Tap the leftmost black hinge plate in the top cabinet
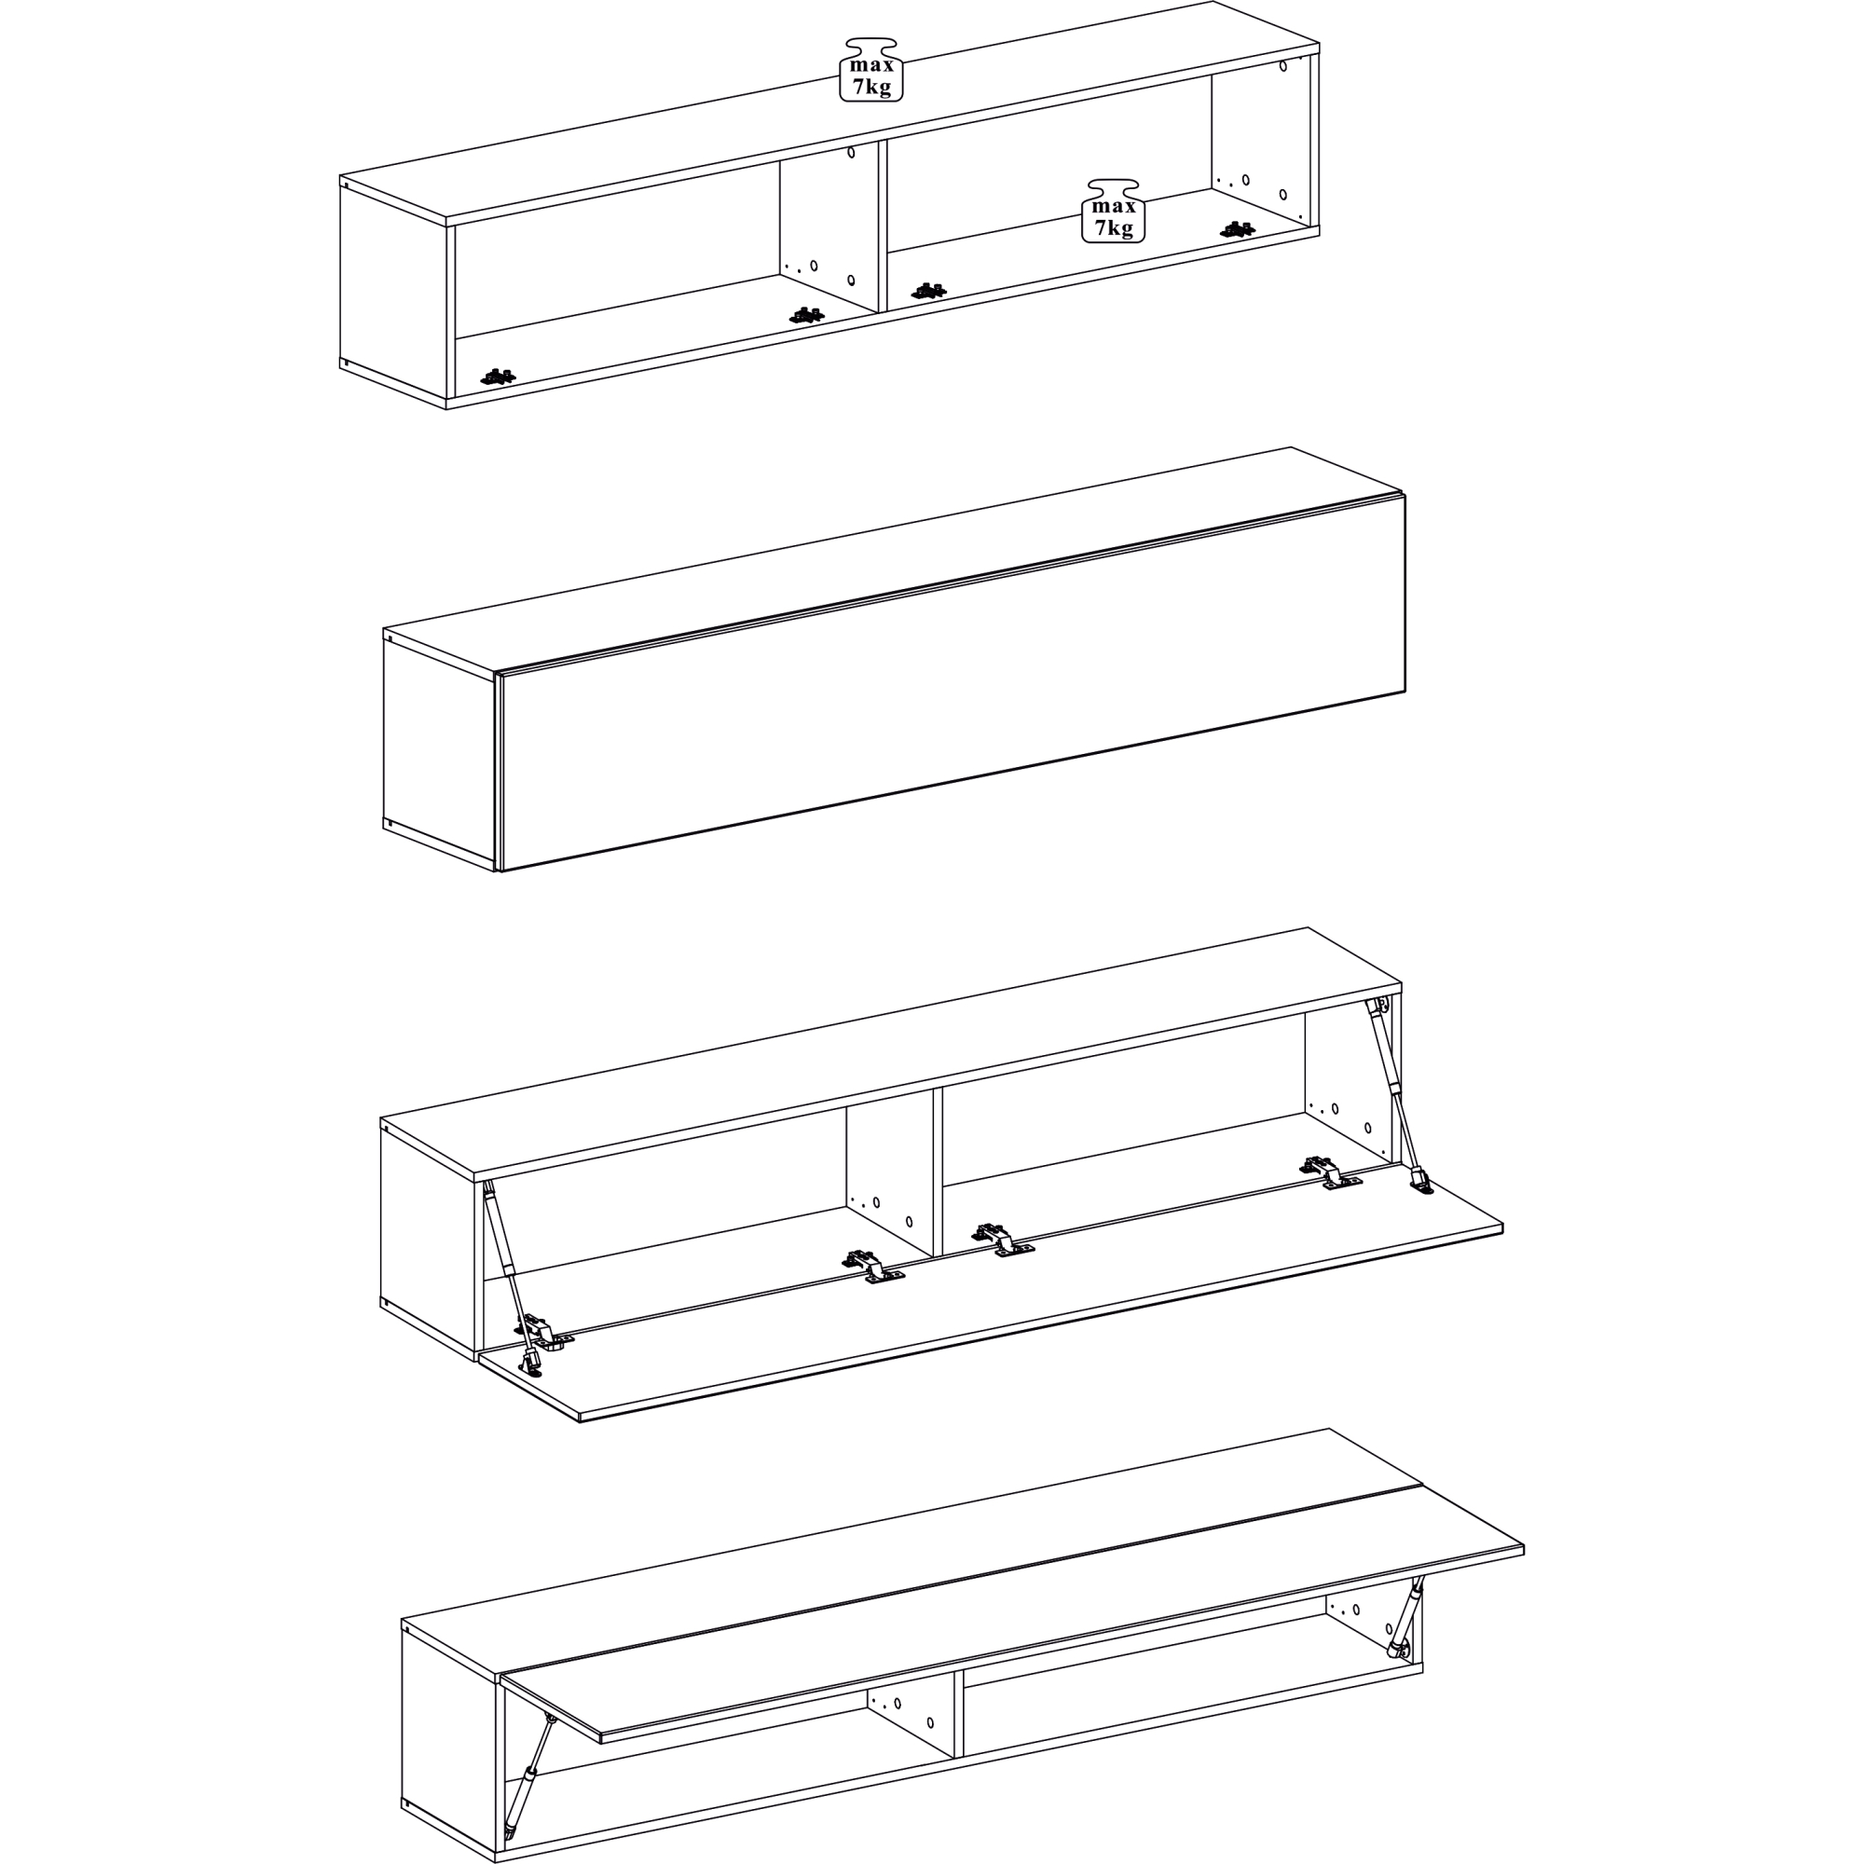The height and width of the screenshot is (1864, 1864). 498,377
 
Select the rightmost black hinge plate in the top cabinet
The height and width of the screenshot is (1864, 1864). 1237,229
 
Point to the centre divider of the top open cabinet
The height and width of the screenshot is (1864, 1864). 882,226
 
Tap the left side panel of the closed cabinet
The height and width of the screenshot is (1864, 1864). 439,750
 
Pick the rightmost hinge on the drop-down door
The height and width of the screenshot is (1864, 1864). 1332,1172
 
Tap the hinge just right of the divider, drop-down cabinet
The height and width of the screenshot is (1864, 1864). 1004,1240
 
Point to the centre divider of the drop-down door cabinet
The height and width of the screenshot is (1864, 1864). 938,1173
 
